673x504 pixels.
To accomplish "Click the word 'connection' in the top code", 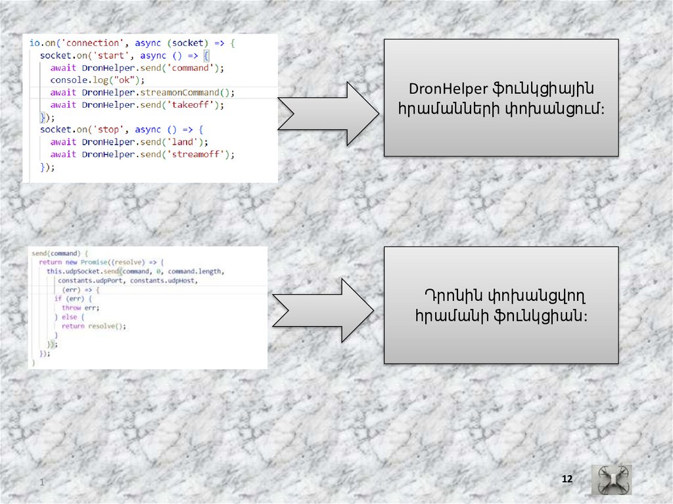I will coord(94,43).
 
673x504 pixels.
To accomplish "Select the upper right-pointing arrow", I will coord(328,113).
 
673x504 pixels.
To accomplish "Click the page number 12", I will coord(567,480).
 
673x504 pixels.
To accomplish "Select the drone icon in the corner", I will coord(611,480).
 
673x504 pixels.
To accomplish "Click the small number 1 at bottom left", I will coord(41,484).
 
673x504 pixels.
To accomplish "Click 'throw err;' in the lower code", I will coord(81,308).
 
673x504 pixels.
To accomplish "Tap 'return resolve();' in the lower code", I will coord(93,326).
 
